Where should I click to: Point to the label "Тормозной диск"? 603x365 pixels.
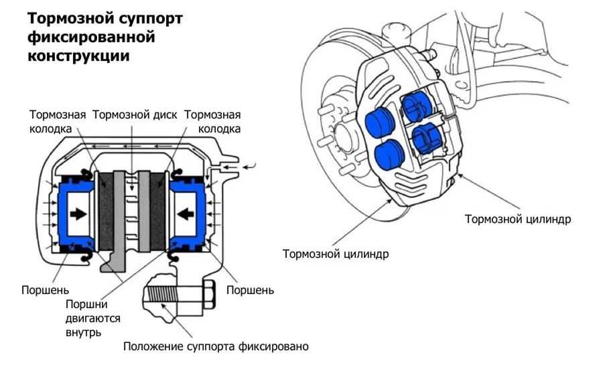[x=135, y=115]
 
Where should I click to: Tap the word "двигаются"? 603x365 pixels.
[x=92, y=317]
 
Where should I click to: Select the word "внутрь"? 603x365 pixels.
[x=83, y=332]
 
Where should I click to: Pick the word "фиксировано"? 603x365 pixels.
[x=275, y=347]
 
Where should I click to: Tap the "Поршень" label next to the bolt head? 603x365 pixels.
[x=250, y=290]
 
